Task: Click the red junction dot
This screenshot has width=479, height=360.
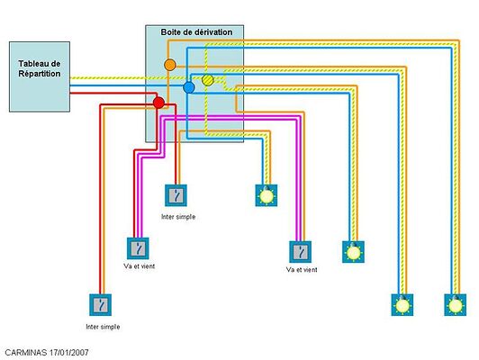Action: pos(159,103)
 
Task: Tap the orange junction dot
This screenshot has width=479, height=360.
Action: pos(169,65)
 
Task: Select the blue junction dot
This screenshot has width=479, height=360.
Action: pos(188,87)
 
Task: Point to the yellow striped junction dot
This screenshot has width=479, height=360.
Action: pos(208,81)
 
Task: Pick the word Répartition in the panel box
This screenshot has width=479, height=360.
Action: pos(40,74)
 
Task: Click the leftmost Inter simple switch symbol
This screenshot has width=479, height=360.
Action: pos(102,304)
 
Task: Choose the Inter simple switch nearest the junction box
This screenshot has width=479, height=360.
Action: pos(177,194)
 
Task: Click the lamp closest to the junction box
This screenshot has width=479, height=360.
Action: pos(266,194)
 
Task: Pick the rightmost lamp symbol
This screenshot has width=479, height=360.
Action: pos(456,304)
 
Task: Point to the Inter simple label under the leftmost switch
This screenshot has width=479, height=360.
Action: pos(102,326)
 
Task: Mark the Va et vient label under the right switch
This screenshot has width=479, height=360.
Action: pos(301,269)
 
